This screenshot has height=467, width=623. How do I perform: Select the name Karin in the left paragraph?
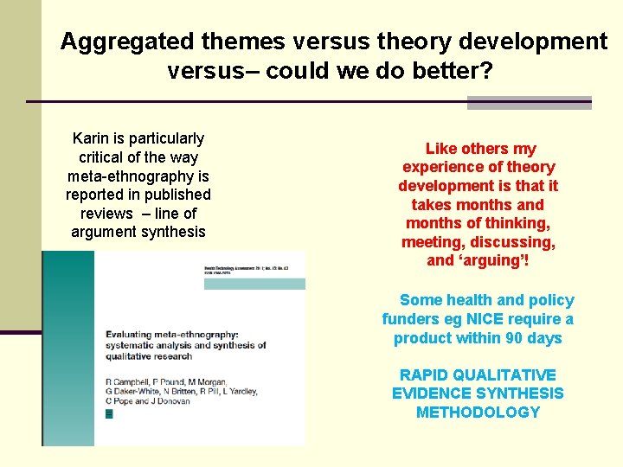click(91, 138)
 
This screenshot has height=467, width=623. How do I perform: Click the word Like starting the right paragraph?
click(440, 149)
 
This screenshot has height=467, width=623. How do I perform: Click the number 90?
click(514, 338)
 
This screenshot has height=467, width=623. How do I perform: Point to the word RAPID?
click(422, 375)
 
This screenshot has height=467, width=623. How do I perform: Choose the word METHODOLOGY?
click(478, 413)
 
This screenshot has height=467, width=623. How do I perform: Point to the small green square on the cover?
click(108, 414)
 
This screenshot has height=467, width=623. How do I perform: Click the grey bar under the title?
click(529, 103)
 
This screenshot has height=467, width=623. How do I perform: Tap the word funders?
click(408, 319)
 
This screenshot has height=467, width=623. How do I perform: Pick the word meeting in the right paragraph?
click(432, 242)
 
